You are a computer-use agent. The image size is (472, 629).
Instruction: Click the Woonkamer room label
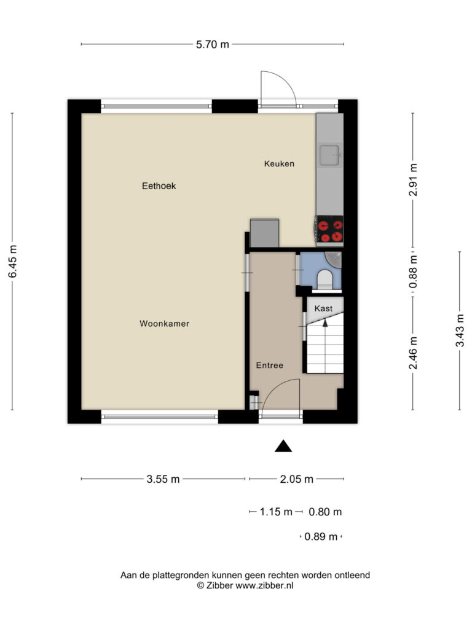[164, 323]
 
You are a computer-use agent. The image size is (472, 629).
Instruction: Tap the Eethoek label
[159, 186]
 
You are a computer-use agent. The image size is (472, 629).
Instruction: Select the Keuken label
[280, 163]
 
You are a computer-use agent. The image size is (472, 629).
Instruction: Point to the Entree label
[270, 365]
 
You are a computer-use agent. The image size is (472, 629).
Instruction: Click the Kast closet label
[323, 308]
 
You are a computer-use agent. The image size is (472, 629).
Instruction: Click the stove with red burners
[330, 229]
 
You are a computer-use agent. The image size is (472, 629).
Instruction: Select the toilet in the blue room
[325, 279]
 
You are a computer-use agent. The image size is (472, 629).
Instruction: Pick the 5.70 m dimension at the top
[212, 44]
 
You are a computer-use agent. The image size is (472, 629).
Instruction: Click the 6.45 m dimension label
[13, 261]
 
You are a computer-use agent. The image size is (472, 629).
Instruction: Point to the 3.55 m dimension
[163, 479]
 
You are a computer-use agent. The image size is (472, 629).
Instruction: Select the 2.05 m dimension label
[297, 479]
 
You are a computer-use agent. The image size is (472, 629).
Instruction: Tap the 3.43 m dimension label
[460, 330]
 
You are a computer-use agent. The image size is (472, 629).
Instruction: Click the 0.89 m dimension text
[321, 536]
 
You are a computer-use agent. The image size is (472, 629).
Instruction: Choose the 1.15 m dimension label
[276, 512]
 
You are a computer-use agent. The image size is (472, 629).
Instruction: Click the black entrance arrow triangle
[283, 447]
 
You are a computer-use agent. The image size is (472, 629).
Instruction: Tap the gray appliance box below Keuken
[264, 233]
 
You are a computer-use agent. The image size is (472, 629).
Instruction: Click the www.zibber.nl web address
[264, 585]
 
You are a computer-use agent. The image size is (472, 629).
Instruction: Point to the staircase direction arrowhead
[326, 322]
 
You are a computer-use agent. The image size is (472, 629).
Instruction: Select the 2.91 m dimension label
[413, 180]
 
